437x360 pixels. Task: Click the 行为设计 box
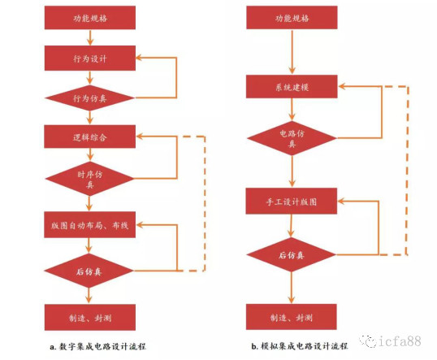(90, 58)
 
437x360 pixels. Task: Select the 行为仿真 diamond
(89, 98)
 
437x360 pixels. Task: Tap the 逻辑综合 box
(89, 137)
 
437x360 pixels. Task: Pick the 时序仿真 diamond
(89, 179)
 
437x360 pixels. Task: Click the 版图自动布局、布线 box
(89, 224)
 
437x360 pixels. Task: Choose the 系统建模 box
(292, 86)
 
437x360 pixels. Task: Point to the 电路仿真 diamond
(292, 138)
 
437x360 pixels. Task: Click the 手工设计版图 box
(292, 201)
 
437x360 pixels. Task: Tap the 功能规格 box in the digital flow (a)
(90, 18)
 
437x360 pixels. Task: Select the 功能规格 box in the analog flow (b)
(292, 17)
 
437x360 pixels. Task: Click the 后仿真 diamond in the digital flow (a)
(89, 271)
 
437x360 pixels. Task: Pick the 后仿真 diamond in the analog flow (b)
(292, 254)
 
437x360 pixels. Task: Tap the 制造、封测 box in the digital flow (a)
(90, 317)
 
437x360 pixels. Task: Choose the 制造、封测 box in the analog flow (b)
(292, 317)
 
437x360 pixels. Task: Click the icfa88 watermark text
(400, 341)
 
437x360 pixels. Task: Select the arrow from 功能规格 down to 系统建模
(292, 52)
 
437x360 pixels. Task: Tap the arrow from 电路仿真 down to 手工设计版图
(292, 171)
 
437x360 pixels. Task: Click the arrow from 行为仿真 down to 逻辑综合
(89, 118)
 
